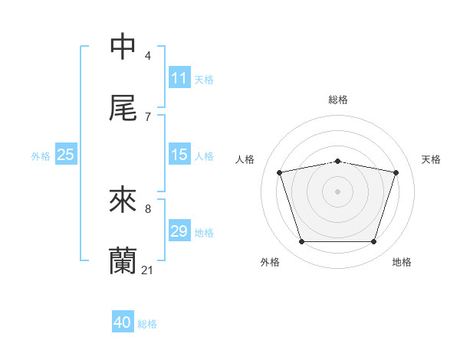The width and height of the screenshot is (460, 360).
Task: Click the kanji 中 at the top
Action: tap(123, 47)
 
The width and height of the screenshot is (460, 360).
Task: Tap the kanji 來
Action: tap(123, 200)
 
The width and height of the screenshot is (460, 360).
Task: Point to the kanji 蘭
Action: tap(123, 261)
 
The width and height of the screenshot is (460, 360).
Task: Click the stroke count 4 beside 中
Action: tap(148, 56)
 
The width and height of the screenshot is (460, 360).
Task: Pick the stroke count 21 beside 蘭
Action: tap(148, 270)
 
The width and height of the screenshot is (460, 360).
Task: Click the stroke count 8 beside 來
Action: tap(148, 208)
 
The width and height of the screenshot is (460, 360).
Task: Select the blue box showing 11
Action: tap(179, 78)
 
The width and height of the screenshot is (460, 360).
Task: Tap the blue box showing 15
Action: tap(179, 155)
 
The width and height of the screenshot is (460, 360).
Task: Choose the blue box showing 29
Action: tap(179, 231)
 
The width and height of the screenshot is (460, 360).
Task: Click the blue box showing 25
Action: tap(66, 155)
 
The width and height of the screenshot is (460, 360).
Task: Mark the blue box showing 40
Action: tap(123, 322)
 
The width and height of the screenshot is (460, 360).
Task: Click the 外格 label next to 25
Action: tap(41, 156)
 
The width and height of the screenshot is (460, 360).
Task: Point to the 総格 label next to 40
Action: tap(147, 324)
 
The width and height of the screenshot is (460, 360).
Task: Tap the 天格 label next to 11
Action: tap(204, 80)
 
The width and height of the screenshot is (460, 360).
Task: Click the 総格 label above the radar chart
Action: tap(338, 100)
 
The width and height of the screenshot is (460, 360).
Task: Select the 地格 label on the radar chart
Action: tap(402, 263)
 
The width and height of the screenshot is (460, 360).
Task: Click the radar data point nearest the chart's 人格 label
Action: tap(280, 173)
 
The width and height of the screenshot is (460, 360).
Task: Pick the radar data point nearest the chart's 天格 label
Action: tap(396, 173)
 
